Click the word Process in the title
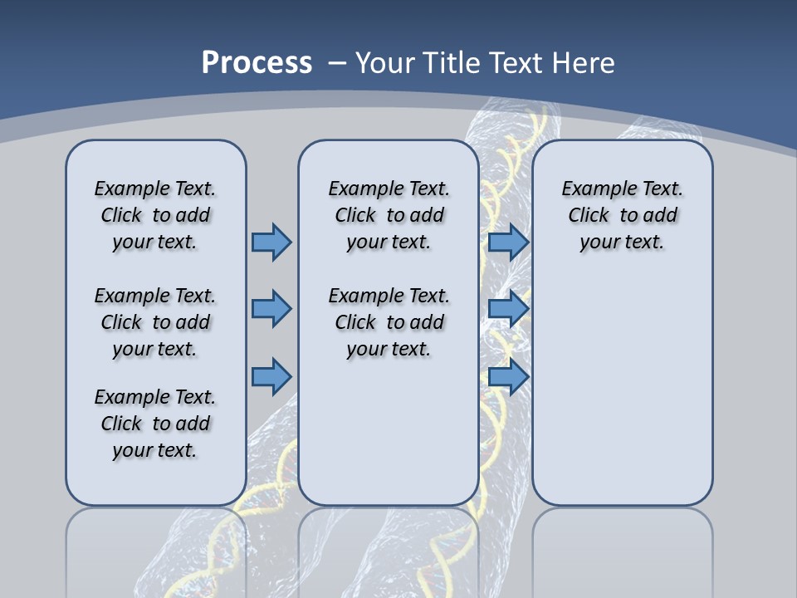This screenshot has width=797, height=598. [x=257, y=63]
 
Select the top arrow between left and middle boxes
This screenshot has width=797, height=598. [x=271, y=242]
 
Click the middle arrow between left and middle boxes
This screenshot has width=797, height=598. [x=271, y=309]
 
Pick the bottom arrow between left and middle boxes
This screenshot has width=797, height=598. [x=271, y=377]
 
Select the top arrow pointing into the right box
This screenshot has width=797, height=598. [x=508, y=242]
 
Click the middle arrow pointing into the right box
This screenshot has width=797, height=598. [x=508, y=309]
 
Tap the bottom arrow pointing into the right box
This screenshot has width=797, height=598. [x=508, y=377]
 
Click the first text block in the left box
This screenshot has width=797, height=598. [x=155, y=215]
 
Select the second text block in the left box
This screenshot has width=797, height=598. [x=155, y=322]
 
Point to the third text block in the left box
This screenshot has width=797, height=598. [x=155, y=424]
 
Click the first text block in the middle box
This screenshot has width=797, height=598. [x=389, y=215]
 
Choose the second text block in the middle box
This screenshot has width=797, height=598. [x=389, y=322]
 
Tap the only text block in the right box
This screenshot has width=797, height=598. [x=622, y=215]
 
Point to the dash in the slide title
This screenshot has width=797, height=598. [x=336, y=63]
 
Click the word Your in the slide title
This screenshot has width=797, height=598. [x=384, y=63]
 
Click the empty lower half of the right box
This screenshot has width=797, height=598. [x=622, y=399]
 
